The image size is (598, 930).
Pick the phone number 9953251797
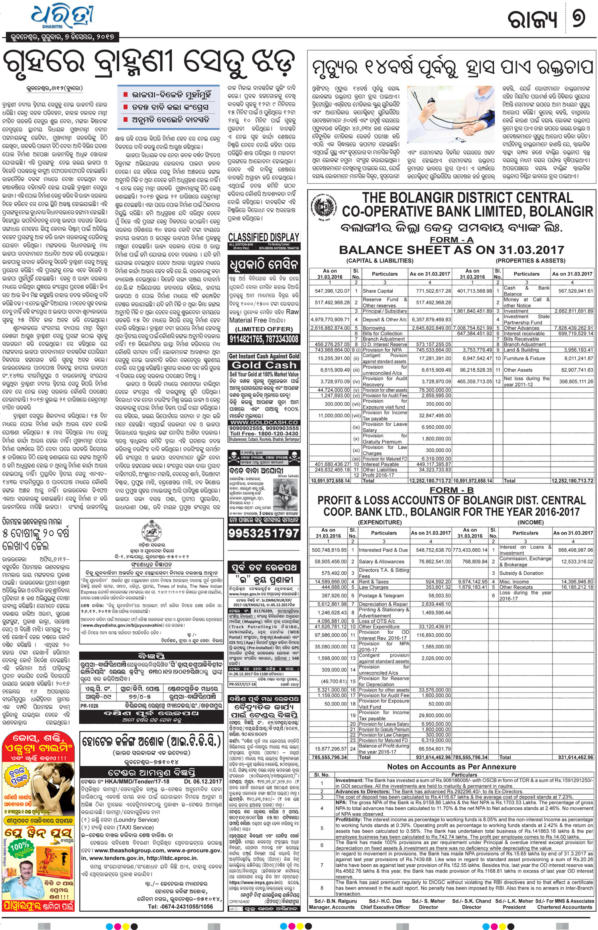coord(264,533)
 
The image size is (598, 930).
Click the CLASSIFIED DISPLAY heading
coord(264,237)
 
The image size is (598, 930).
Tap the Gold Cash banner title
coord(264,365)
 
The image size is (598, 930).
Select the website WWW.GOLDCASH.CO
coord(264,422)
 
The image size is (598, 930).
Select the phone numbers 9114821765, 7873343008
coord(264,339)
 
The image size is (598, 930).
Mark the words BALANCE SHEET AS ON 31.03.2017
coord(451,250)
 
